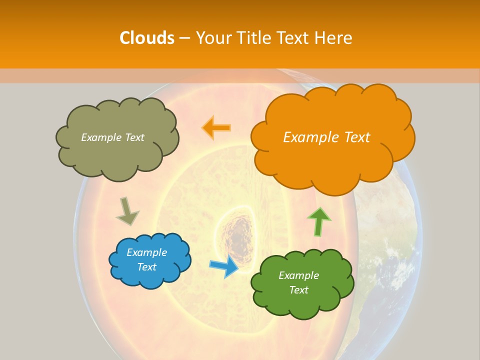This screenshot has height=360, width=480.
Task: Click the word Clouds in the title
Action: (147, 38)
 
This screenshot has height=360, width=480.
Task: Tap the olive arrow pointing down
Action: (127, 211)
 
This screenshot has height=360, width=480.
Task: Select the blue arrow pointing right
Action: (224, 267)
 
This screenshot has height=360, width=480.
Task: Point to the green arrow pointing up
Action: (318, 221)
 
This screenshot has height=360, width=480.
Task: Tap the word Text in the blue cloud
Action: (147, 267)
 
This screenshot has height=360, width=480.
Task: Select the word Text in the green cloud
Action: (298, 290)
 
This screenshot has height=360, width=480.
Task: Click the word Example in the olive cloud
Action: (100, 137)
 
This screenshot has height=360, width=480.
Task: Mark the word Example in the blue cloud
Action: (147, 252)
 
